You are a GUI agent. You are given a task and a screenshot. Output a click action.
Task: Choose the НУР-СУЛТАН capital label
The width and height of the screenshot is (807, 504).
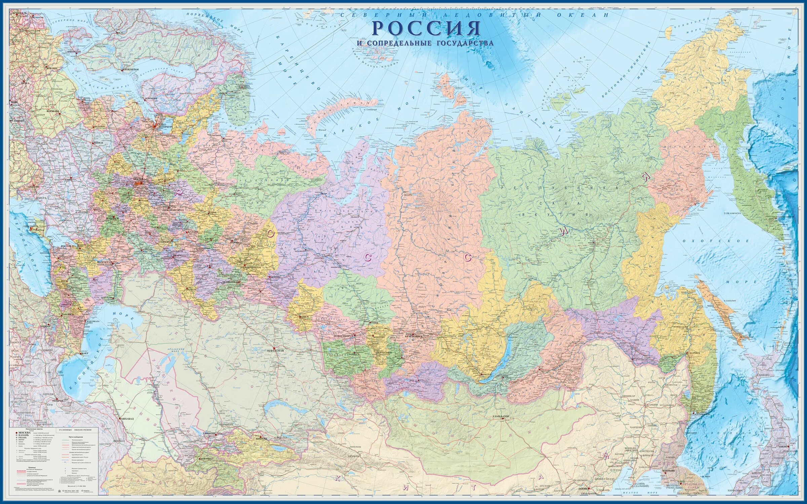pos(275,350)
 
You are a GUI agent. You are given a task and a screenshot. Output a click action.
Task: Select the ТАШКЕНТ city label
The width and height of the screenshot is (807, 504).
pos(209,433)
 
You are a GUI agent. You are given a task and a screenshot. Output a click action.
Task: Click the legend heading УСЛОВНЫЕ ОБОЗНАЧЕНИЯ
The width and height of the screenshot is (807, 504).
pos(75,430)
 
